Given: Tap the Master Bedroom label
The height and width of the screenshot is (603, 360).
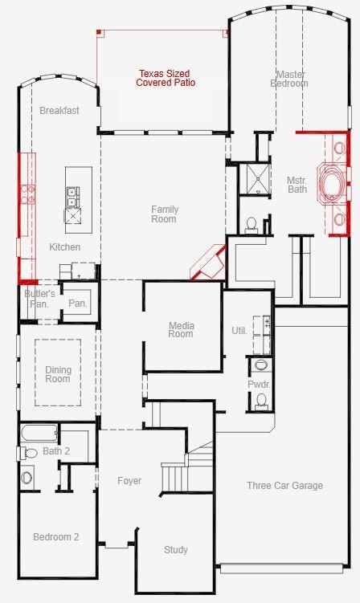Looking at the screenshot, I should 288,78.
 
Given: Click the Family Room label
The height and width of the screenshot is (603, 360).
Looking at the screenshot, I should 164,214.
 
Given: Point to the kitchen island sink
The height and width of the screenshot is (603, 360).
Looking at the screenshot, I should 72,193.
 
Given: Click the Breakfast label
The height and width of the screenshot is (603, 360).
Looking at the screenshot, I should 59,111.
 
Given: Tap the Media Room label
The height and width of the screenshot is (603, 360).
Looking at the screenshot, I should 181,329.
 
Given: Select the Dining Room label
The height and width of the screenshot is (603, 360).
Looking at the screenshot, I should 58,374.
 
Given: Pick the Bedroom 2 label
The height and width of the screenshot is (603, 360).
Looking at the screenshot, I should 55,536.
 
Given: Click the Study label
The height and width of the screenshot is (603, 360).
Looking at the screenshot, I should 176,549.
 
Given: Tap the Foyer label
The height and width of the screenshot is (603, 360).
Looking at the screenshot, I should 129,481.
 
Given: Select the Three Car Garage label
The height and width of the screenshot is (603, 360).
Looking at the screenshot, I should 284,485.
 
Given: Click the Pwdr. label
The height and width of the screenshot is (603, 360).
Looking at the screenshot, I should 259,385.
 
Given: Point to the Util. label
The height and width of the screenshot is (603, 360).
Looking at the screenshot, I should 239,330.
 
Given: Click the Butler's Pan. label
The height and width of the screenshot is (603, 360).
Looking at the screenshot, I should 39,299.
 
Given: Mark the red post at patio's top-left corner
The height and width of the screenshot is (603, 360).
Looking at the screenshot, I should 99,32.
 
